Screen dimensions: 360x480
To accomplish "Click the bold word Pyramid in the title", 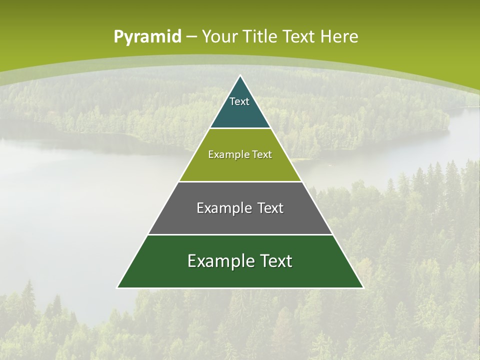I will [x=147, y=37].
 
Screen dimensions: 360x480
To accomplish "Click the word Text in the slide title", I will [x=300, y=37].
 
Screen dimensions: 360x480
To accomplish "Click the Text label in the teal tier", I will [x=239, y=101].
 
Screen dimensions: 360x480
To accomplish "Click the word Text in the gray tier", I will [x=270, y=208].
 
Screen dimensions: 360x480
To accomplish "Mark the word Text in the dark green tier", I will [x=275, y=261].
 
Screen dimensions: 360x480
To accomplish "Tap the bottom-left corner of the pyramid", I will [x=117, y=287].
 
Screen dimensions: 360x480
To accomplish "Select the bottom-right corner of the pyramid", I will [x=363, y=287].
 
